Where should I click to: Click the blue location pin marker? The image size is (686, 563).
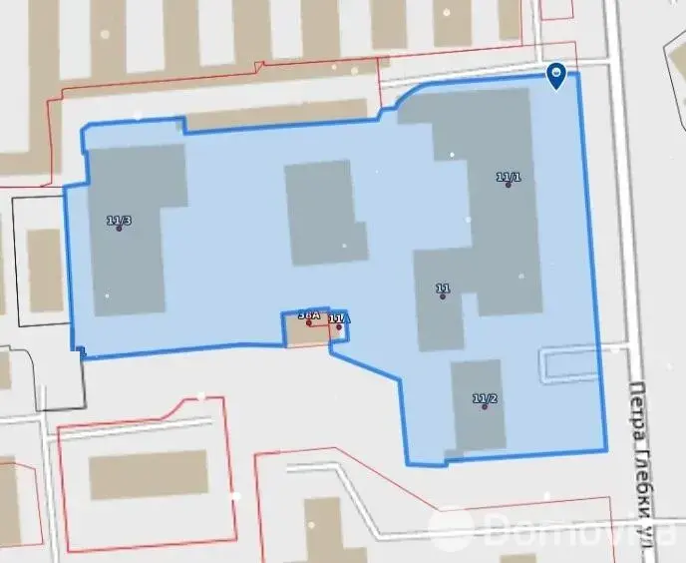click(x=557, y=74)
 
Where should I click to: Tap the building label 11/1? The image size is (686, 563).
click(x=509, y=177)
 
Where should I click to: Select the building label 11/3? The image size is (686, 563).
click(x=119, y=220)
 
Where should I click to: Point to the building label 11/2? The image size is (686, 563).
click(x=485, y=398)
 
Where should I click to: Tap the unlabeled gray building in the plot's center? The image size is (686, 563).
click(x=325, y=213)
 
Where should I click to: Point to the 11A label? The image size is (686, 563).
click(x=339, y=318)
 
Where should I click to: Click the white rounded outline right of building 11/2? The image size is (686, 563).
click(x=568, y=363)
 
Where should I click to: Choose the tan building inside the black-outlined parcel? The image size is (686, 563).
click(x=44, y=271)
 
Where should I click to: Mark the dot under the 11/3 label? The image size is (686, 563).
click(x=119, y=229)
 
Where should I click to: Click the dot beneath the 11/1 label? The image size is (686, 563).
click(x=509, y=186)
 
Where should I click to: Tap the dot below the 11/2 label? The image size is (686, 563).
click(x=485, y=407)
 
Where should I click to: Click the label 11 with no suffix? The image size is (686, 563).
click(x=443, y=289)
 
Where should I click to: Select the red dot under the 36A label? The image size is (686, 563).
click(x=309, y=322)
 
